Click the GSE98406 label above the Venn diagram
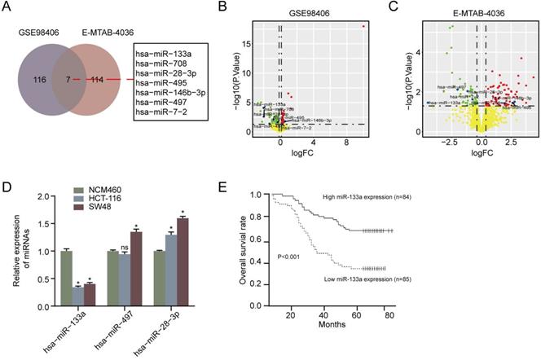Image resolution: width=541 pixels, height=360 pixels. pos(37,33)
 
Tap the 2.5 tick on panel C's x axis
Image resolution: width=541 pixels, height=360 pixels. pos(511,141)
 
